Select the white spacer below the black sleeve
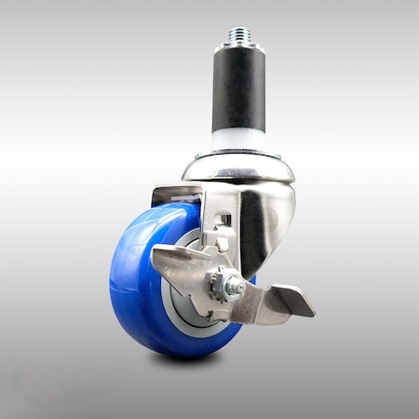[x=238, y=139]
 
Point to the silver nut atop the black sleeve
[x=238, y=47]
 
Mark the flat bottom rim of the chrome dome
[x=238, y=179]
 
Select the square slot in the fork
[x=223, y=221]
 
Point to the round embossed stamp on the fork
[x=270, y=219]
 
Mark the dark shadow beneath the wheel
[x=186, y=359]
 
